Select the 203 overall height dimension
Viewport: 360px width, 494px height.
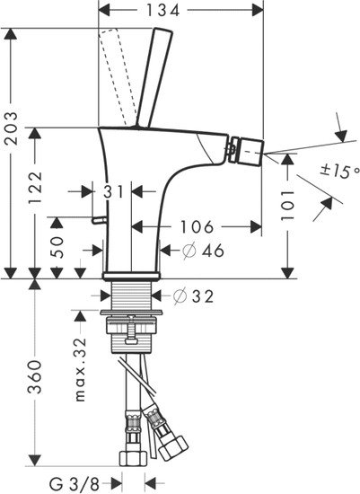coord(12,121)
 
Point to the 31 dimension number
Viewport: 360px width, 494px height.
coord(111,191)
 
